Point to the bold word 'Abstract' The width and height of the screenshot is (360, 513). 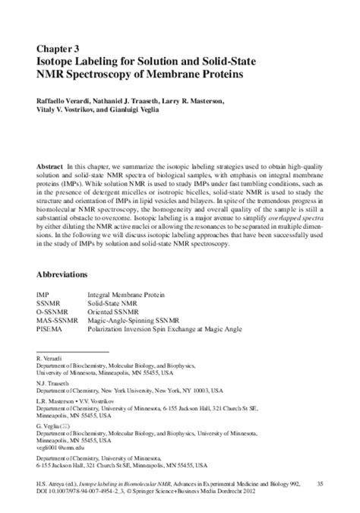pyautogui.click(x=52, y=164)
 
